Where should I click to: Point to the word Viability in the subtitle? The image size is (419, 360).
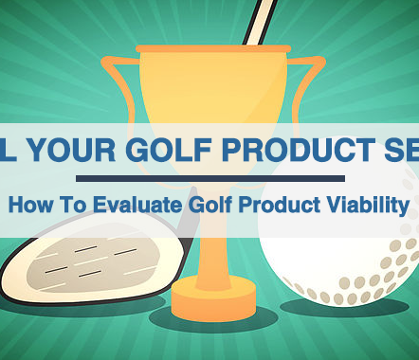[368, 203]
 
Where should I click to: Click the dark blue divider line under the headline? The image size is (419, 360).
[209, 177]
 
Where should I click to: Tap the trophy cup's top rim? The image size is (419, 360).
[214, 47]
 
